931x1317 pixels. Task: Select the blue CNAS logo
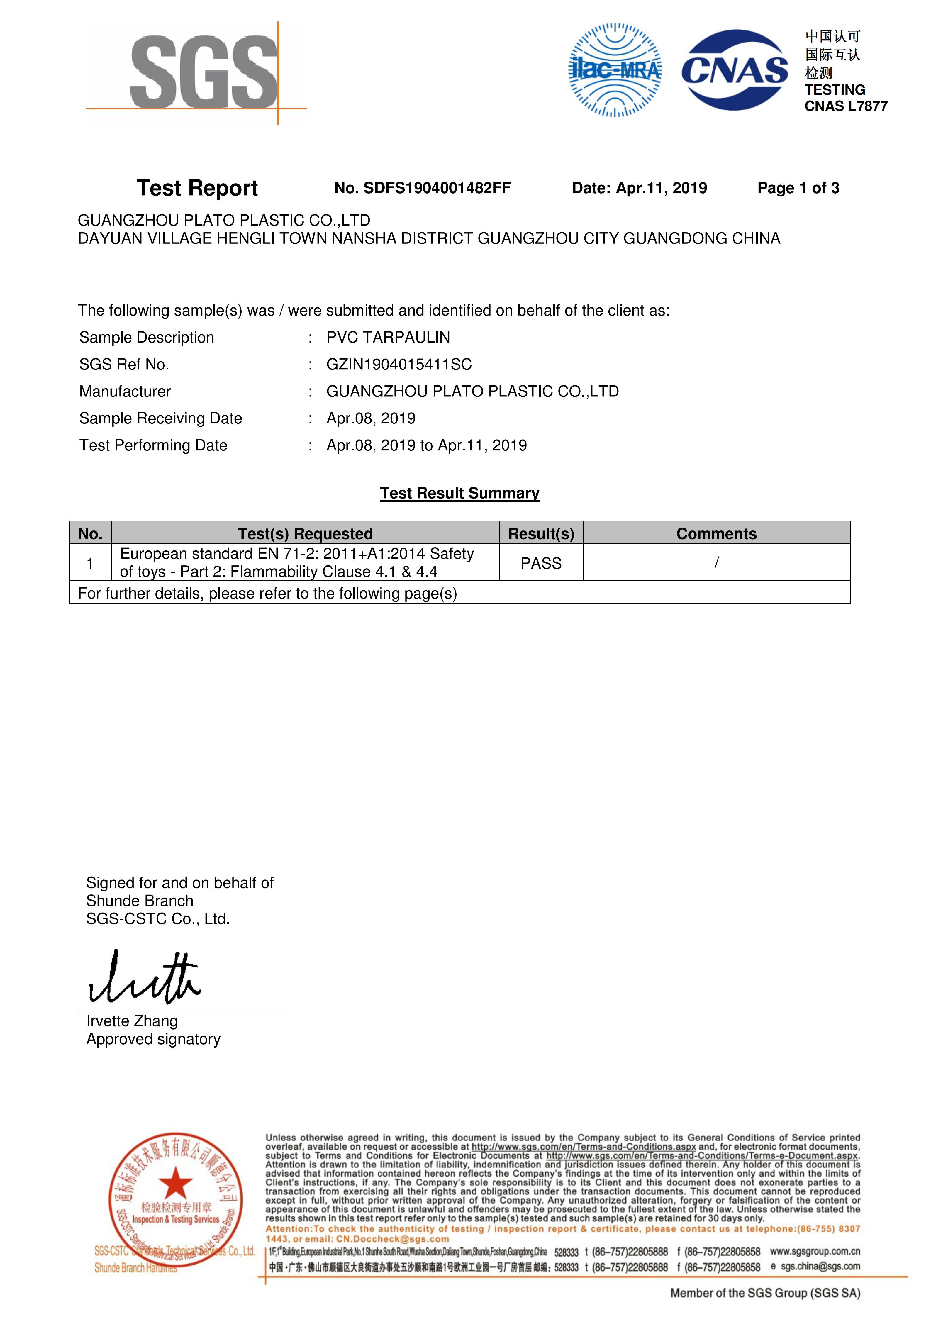click(x=735, y=70)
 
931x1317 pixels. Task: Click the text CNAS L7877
click(x=846, y=106)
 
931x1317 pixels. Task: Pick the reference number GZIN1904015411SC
click(x=399, y=364)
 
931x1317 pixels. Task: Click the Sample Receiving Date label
click(x=161, y=418)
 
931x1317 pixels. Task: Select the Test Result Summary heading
click(x=459, y=493)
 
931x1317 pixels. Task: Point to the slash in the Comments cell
click(x=716, y=563)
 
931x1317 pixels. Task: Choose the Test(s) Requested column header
click(x=305, y=533)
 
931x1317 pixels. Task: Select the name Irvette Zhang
click(x=132, y=1021)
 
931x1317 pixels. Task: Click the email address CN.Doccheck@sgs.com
click(x=392, y=1239)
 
